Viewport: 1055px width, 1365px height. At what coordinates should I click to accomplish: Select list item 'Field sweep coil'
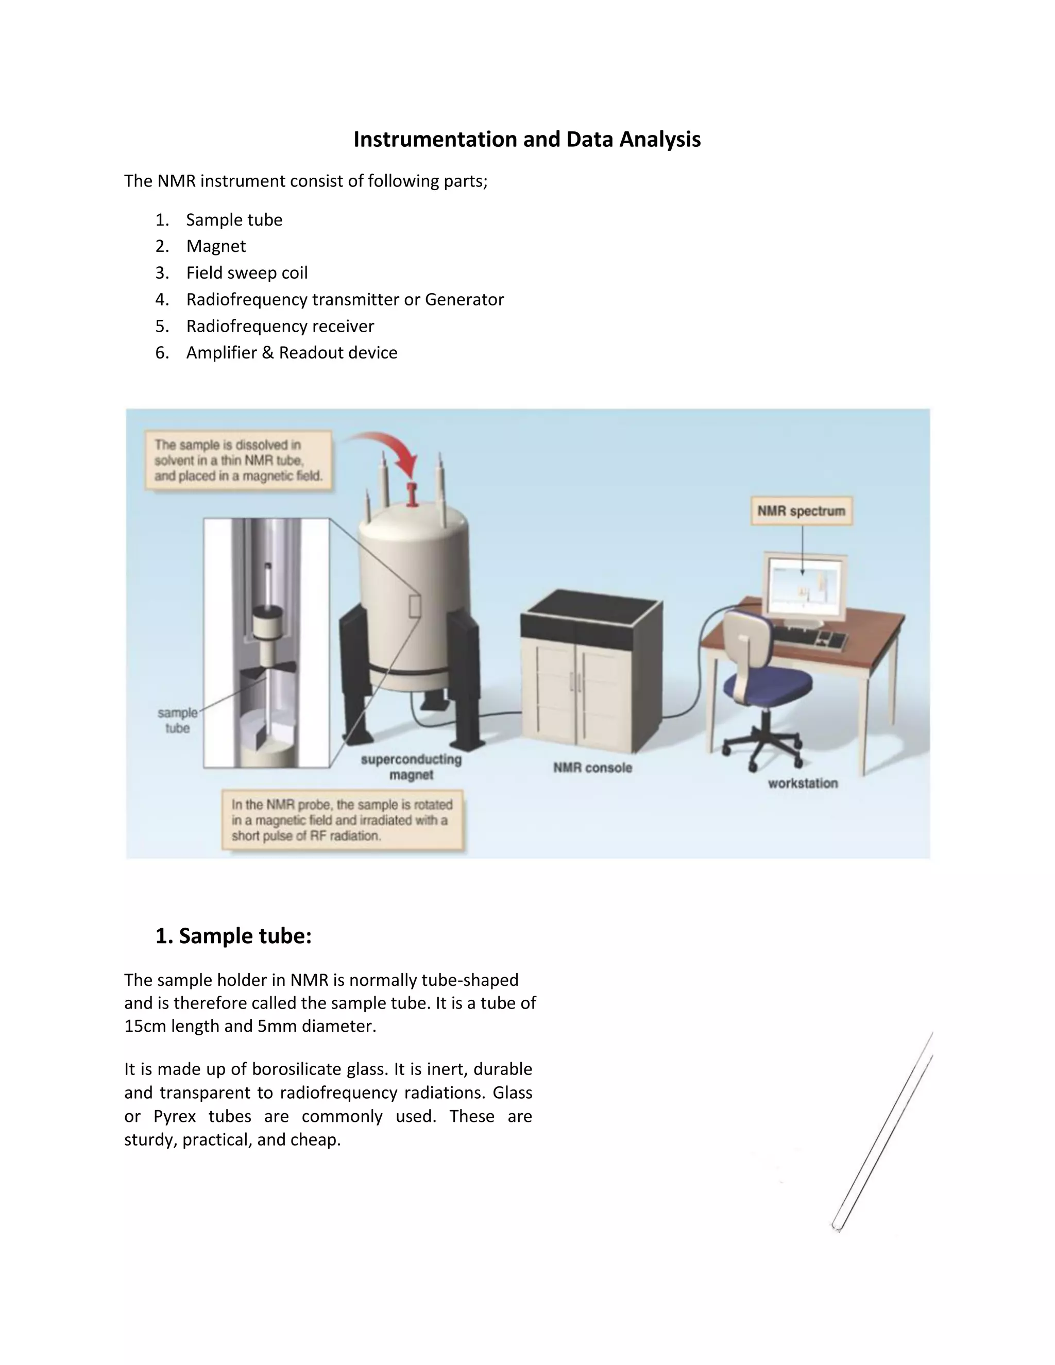coord(246,272)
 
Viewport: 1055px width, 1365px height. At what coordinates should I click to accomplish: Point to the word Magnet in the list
coord(216,246)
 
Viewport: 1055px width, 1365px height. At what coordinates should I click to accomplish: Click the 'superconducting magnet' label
coord(411,767)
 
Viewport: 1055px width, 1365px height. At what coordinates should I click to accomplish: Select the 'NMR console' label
coord(592,767)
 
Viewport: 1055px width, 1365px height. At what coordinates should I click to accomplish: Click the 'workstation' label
coord(803,783)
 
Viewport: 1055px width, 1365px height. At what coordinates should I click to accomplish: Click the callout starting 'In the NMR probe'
coord(343,820)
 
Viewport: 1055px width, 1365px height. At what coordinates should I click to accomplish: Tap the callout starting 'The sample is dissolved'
coord(237,460)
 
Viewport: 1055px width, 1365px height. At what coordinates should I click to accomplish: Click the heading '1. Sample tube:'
coord(233,935)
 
